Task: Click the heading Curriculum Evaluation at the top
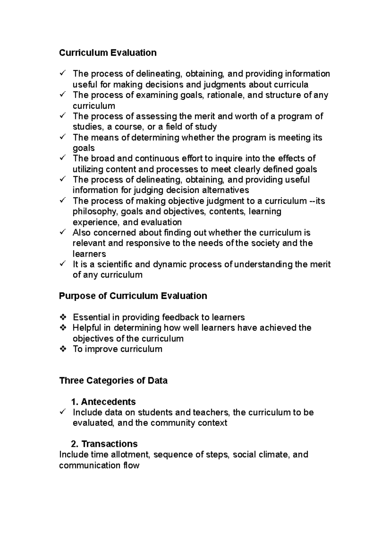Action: click(108, 53)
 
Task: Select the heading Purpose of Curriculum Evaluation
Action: click(133, 296)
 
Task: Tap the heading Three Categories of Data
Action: click(113, 380)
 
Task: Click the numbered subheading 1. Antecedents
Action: click(103, 402)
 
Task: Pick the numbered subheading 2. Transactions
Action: click(104, 444)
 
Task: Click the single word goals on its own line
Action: click(84, 148)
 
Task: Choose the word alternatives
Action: click(226, 190)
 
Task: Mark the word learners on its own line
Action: click(89, 254)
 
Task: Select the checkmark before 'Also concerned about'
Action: click(63, 232)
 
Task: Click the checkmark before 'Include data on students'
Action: click(63, 412)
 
